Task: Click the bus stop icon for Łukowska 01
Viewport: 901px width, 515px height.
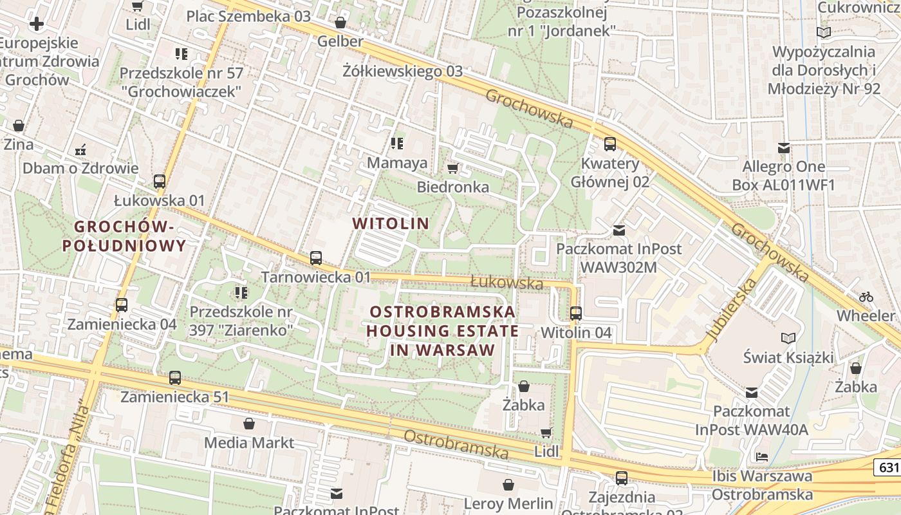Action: click(x=160, y=182)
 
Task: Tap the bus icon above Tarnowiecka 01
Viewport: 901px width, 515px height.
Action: click(x=316, y=258)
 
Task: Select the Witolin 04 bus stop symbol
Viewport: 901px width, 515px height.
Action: click(x=576, y=314)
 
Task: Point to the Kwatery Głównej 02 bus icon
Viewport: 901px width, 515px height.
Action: click(x=610, y=144)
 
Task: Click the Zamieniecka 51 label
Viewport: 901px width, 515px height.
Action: click(x=174, y=397)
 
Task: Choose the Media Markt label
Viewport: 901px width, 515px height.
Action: click(x=249, y=443)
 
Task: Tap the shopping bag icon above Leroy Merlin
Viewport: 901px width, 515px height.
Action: click(x=508, y=485)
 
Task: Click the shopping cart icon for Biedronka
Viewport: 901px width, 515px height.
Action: click(x=452, y=168)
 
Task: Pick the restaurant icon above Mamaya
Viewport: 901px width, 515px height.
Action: click(x=397, y=144)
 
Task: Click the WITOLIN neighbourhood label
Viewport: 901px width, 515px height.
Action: click(x=391, y=223)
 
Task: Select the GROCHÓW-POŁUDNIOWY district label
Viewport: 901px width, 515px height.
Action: click(x=124, y=236)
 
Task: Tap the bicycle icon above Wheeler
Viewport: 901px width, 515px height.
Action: click(x=866, y=297)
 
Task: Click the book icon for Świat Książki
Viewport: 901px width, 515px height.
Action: click(x=788, y=338)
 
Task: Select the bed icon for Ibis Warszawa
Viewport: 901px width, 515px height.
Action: click(x=762, y=457)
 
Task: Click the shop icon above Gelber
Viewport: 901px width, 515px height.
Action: click(x=340, y=23)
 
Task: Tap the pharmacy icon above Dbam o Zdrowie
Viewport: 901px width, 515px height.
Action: click(x=80, y=150)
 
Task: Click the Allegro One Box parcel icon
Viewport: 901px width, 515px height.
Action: click(x=783, y=148)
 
